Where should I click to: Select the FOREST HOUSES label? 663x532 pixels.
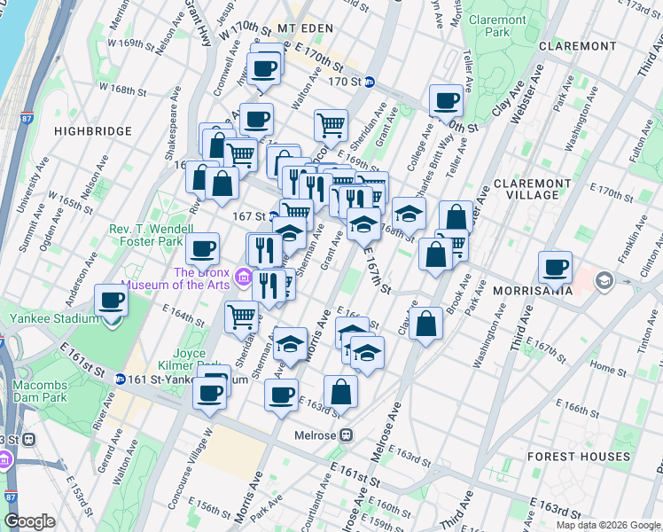point(578,458)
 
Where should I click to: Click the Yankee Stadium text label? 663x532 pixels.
point(52,318)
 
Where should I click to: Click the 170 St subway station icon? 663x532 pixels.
point(370,82)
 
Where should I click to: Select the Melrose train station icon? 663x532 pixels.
point(347,435)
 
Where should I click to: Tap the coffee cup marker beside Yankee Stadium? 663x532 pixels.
point(111,300)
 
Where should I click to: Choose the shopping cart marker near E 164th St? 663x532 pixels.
point(241,316)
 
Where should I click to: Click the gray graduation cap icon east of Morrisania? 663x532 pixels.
point(604,282)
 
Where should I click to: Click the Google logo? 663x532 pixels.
point(29,521)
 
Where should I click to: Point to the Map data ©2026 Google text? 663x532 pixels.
point(608,525)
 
